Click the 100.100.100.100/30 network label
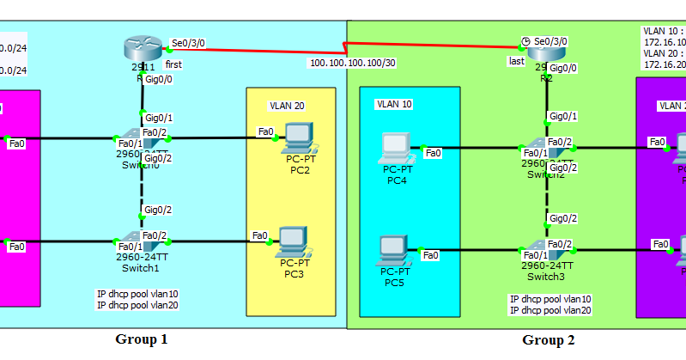point(353,62)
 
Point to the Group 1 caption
point(142,339)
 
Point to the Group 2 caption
point(548,340)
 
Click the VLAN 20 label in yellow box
point(288,106)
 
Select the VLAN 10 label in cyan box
point(394,104)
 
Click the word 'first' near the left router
point(173,64)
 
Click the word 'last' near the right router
point(516,61)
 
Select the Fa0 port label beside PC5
point(430,254)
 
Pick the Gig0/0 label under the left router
point(158,78)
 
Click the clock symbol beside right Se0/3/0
point(525,41)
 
